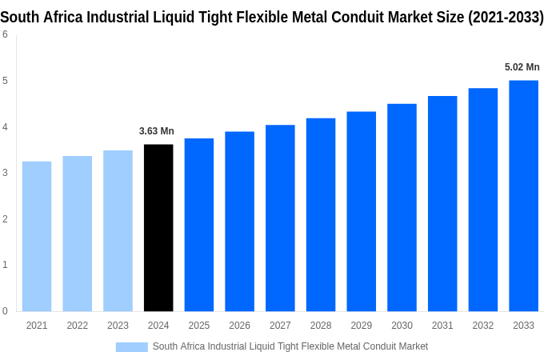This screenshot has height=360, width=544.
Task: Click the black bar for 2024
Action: click(158, 228)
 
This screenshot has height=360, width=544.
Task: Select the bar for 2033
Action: click(523, 196)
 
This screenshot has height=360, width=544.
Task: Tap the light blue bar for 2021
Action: click(37, 237)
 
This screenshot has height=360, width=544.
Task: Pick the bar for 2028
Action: click(321, 214)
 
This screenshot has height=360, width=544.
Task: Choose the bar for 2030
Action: click(402, 207)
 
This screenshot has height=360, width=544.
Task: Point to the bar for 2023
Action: click(118, 231)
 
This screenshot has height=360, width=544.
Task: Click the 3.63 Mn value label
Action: click(157, 131)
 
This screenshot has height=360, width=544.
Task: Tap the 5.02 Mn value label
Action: click(522, 67)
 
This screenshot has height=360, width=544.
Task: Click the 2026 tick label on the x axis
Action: click(239, 326)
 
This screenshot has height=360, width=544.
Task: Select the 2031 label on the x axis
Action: click(442, 326)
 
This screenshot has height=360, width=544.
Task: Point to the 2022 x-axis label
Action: click(78, 326)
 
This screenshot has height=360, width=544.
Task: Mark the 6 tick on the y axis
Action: click(5, 34)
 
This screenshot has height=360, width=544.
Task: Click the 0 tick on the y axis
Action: click(5, 311)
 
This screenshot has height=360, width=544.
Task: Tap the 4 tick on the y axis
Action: click(5, 127)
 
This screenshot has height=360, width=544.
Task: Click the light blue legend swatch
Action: click(131, 347)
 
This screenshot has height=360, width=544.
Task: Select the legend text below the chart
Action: click(290, 346)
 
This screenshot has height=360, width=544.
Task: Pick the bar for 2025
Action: click(199, 225)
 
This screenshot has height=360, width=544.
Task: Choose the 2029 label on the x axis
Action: click(361, 326)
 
